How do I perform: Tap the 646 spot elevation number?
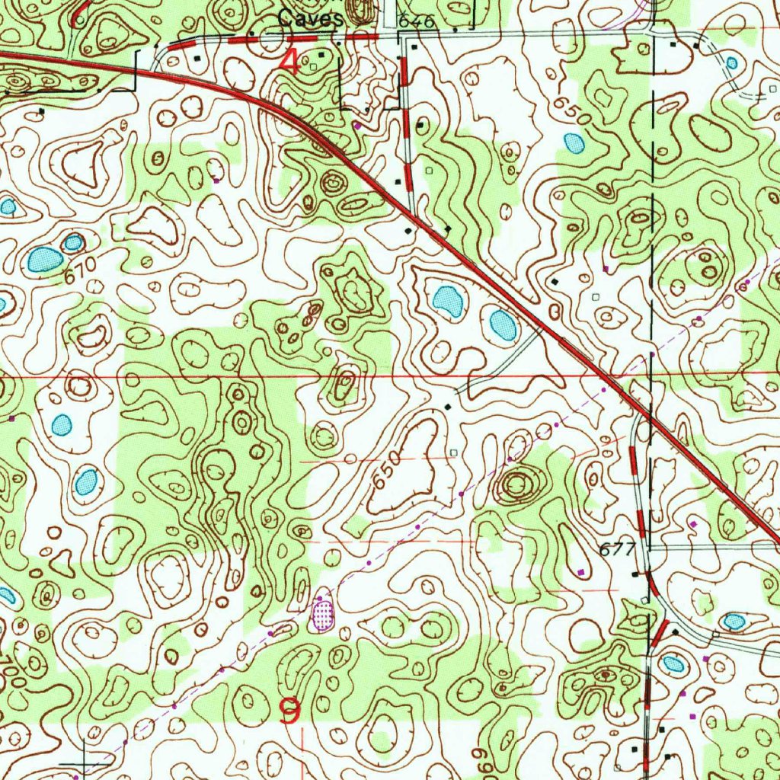tap(417, 22)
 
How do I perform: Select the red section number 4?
tap(289, 61)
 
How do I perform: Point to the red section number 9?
tap(290, 712)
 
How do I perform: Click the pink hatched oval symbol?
tap(324, 613)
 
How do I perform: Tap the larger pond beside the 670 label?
tap(44, 261)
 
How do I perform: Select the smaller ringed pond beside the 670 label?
tap(73, 243)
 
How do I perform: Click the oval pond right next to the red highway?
tap(503, 325)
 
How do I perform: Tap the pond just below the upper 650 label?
tap(573, 142)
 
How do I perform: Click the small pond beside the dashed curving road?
tap(733, 622)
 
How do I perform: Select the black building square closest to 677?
tap(635, 574)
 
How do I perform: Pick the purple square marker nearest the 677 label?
tap(582, 571)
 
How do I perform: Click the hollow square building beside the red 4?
tap(313, 67)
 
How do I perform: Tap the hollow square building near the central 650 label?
tap(454, 452)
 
